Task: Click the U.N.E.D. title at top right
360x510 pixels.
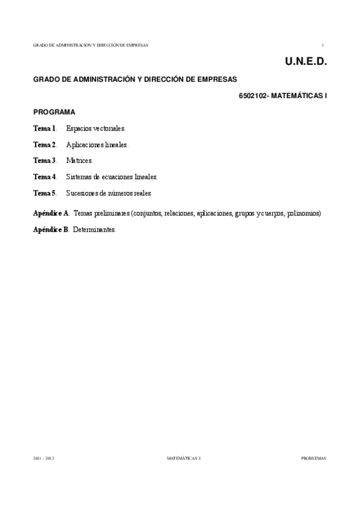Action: [x=302, y=61]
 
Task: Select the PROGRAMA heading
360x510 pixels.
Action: [x=54, y=112]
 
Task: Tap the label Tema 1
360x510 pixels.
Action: [x=44, y=128]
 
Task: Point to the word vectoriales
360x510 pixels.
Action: [x=109, y=128]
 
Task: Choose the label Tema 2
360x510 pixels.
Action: [x=44, y=144]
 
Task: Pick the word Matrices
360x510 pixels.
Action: [x=79, y=161]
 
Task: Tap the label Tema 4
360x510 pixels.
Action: [x=44, y=177]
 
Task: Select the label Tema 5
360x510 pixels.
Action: [x=44, y=193]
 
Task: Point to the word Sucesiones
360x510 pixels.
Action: [x=84, y=193]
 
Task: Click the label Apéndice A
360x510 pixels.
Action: [x=51, y=214]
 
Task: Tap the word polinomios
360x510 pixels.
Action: [x=304, y=214]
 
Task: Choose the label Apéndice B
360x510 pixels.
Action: [x=51, y=230]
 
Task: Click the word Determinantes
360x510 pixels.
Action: [x=94, y=230]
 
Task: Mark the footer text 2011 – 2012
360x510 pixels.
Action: [x=44, y=458]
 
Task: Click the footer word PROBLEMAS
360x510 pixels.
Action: [x=313, y=458]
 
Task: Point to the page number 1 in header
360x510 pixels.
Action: [x=323, y=45]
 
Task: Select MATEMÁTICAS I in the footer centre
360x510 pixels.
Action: [x=183, y=458]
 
